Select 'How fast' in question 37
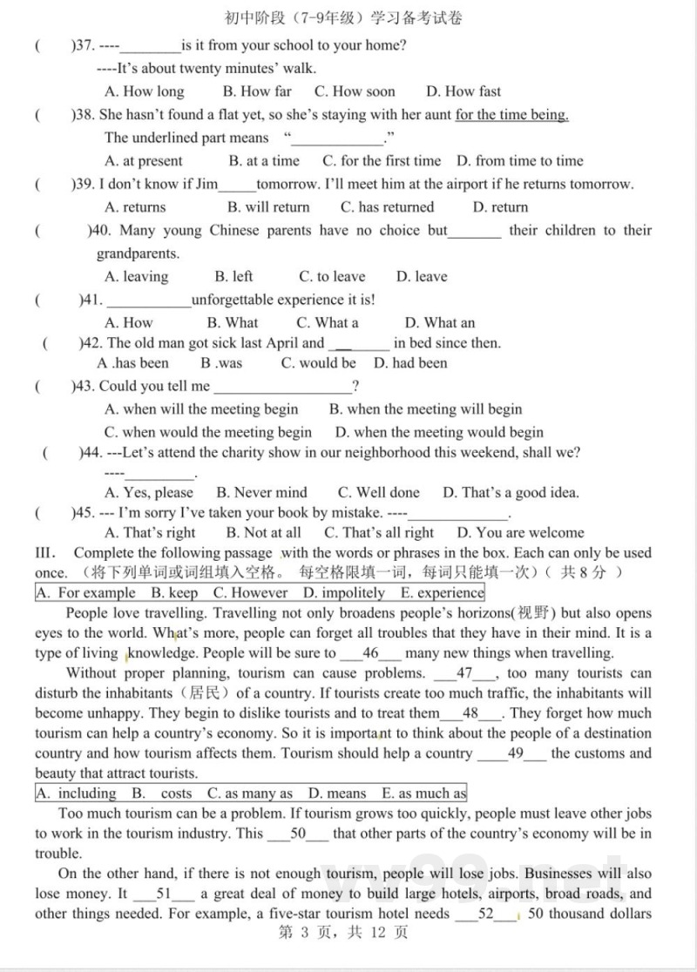[464, 91]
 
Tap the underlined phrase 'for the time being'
[511, 115]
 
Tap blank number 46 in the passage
[370, 653]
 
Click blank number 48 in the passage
[471, 714]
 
